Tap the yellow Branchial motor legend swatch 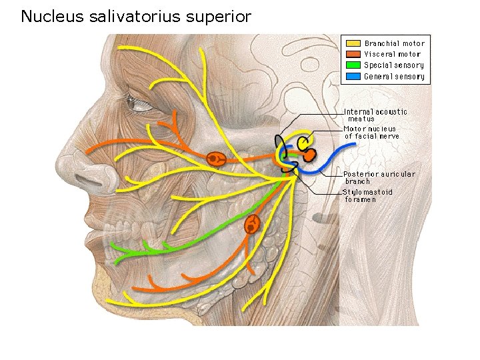pos(353,43)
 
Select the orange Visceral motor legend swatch pos(353,54)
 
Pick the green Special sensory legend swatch pos(353,65)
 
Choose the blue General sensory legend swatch pos(353,76)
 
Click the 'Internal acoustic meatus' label pos(375,115)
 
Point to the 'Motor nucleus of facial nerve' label pos(371,132)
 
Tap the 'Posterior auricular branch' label pos(379,177)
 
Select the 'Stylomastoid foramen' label pos(367,195)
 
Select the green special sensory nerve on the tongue pos(153,247)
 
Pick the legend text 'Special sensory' pos(393,65)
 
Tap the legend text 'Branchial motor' pos(394,43)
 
